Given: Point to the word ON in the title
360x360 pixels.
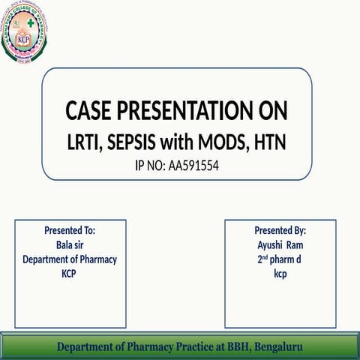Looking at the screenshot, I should point(270,112).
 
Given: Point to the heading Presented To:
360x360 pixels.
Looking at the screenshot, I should point(70,230).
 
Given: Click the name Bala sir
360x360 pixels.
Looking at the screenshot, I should point(70,244).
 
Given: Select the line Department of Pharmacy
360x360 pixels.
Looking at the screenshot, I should point(70,259).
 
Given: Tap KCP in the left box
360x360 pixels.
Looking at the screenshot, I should point(70,274).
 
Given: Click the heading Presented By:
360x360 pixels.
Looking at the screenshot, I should point(280,230).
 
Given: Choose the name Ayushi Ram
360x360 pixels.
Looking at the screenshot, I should point(280,244).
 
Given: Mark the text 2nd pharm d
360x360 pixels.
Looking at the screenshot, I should point(280,259).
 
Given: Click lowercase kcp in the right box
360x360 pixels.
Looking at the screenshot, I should point(280,274).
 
